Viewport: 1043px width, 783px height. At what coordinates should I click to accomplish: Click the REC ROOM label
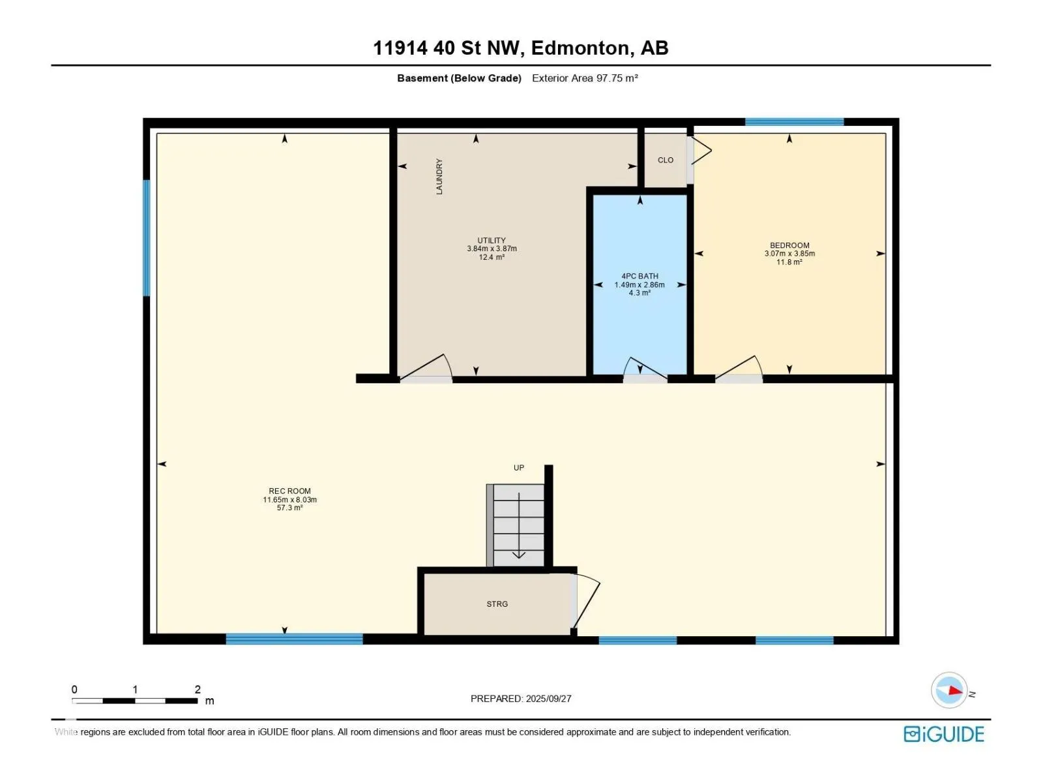coord(289,491)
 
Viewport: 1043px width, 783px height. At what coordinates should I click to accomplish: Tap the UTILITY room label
coord(492,241)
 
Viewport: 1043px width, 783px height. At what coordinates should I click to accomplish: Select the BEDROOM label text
coord(789,245)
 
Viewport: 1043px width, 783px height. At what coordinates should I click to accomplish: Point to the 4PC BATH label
coord(639,276)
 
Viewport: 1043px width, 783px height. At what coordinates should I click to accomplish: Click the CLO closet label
coord(666,161)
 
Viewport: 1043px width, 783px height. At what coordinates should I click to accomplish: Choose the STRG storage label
coord(497,604)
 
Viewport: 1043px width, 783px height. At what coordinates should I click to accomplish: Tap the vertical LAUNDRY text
coord(439,176)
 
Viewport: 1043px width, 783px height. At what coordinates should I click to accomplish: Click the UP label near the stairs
coord(518,468)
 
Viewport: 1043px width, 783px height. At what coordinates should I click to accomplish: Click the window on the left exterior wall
coord(147,238)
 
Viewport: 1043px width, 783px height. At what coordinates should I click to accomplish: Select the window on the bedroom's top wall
coord(794,122)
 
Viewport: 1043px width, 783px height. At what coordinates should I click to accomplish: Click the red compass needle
coord(956,691)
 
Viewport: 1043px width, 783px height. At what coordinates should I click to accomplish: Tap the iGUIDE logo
coord(944,735)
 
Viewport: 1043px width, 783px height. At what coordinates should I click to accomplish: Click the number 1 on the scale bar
coord(136,690)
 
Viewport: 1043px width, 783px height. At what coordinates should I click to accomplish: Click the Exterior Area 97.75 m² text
coord(585,78)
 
